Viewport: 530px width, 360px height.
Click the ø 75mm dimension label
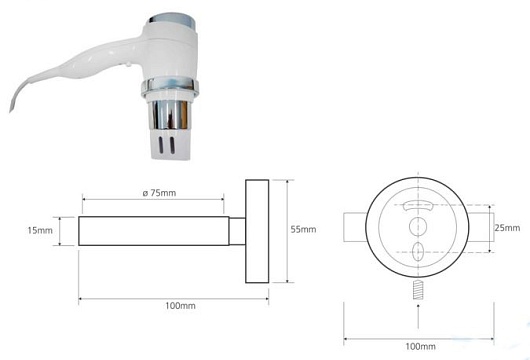pos(159,193)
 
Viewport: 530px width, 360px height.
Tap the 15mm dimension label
pos(40,231)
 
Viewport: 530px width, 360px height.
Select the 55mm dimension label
pos(303,229)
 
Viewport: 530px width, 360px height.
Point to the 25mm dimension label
pos(507,228)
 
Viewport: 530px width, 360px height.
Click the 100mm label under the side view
pos(180,306)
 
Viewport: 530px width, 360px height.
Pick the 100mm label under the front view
pos(420,346)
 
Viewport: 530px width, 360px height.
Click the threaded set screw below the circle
pos(418,290)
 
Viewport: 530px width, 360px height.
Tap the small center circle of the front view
pos(418,226)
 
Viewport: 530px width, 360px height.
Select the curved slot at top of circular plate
pos(418,205)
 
